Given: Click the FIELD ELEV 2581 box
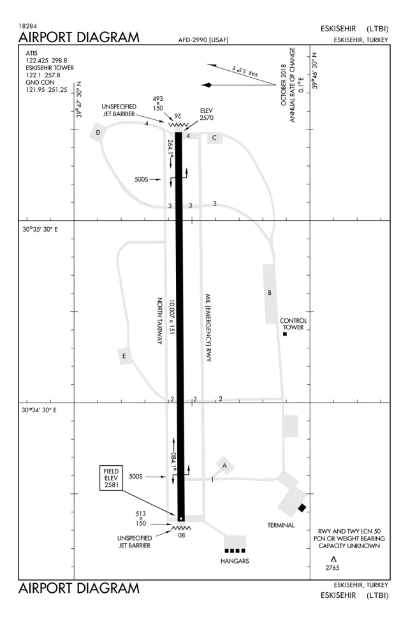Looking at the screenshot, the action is tap(112, 477).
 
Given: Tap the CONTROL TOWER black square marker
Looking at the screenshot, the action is tap(285, 334).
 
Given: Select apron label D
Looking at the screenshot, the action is tap(98, 133).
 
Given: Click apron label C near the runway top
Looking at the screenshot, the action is tap(214, 138).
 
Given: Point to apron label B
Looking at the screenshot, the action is tap(270, 293).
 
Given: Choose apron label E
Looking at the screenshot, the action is tap(124, 355).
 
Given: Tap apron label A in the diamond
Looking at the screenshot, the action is tap(224, 465).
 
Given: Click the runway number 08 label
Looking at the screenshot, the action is tap(182, 535).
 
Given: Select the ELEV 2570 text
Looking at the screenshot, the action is tap(207, 114).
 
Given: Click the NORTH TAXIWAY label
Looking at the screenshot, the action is tap(159, 321).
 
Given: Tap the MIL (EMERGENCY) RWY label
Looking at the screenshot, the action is tap(208, 328).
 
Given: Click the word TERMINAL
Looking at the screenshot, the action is tap(281, 525).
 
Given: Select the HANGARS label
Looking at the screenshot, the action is tap(235, 561).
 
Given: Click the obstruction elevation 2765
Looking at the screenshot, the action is tap(332, 568).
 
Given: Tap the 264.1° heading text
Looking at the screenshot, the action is tap(171, 148).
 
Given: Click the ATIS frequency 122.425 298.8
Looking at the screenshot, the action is tap(47, 61).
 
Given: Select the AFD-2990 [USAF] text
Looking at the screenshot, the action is tap(203, 40).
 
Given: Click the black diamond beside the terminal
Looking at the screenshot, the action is tap(302, 508).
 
